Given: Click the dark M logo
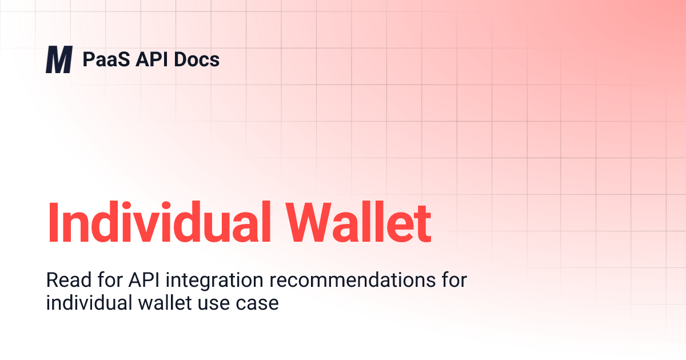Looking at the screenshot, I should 59,61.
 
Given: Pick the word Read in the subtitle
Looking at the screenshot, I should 65,281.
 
